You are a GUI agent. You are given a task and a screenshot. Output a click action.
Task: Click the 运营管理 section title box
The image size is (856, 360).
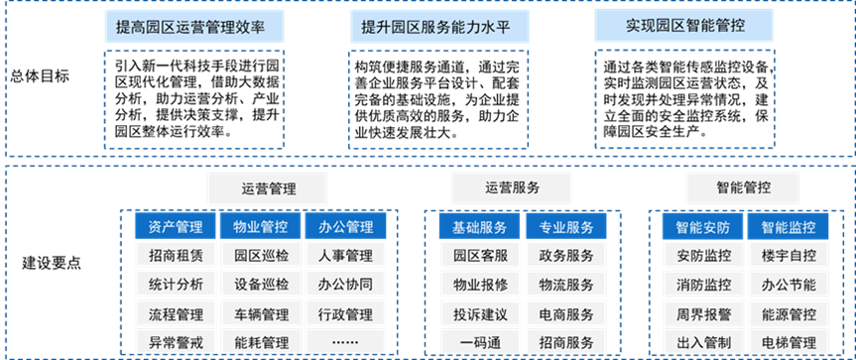pos(254,187)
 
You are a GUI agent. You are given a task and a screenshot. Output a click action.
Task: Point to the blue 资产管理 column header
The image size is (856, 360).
pos(175,228)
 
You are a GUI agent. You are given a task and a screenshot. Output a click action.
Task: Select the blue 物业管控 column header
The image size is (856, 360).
pos(260,228)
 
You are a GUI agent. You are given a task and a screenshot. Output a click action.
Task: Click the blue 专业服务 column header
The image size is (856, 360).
pos(565,228)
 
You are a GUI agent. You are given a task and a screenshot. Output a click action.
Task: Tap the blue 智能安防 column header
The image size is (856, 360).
pos(703,228)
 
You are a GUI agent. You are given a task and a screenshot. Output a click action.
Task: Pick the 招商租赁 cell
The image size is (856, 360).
pos(175,257)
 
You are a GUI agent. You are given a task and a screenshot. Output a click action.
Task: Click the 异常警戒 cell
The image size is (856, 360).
pos(175,343)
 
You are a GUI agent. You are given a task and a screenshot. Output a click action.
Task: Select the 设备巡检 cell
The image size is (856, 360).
pos(260,286)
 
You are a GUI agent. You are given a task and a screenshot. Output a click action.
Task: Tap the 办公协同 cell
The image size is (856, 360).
pos(345,286)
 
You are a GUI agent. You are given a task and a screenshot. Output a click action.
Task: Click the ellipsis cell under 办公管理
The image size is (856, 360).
pos(345,343)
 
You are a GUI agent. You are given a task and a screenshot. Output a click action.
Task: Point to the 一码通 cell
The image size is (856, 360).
pos(480,343)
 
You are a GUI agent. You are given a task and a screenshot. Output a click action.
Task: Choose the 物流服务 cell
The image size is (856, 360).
pos(565,286)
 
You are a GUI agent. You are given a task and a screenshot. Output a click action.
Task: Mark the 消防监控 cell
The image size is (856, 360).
pos(703,286)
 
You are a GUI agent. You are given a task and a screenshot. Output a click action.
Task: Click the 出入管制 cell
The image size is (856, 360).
pos(703,343)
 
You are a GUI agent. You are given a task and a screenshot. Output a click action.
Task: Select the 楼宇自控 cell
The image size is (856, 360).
pos(789,257)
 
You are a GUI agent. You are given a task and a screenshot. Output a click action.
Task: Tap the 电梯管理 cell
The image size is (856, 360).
pos(789,343)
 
